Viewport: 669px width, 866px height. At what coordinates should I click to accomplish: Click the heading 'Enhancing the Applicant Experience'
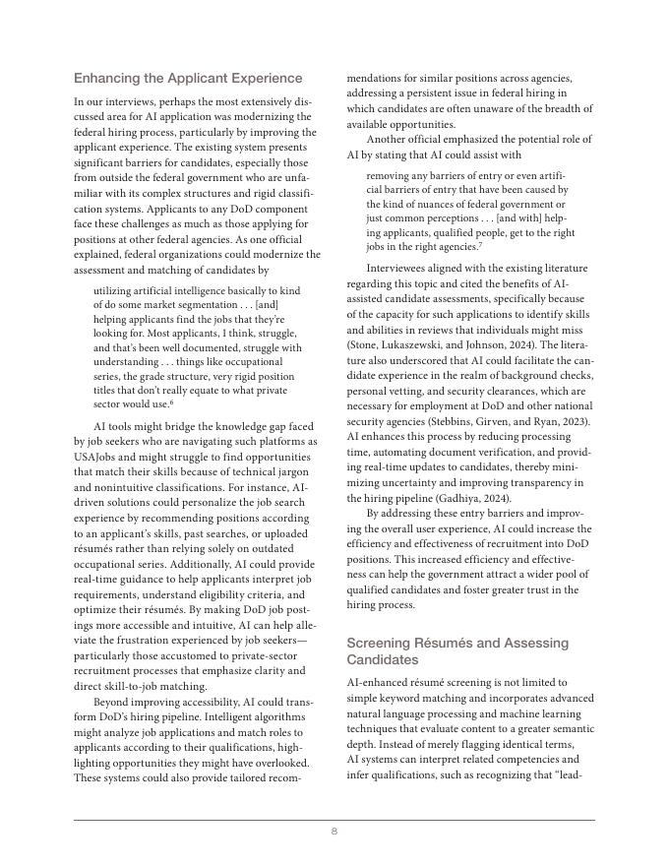coord(188,78)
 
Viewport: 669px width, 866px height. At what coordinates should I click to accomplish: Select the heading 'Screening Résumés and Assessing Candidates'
coord(457,650)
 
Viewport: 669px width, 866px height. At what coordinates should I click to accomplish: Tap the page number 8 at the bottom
coord(334,832)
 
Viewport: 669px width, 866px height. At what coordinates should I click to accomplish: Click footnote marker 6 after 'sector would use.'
coord(171,402)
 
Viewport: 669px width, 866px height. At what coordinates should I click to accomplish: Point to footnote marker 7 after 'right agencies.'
coord(480,245)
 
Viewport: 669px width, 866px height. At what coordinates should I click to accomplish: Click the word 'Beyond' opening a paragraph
coord(112,702)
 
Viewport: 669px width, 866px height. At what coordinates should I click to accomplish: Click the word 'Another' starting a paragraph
coord(390,140)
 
